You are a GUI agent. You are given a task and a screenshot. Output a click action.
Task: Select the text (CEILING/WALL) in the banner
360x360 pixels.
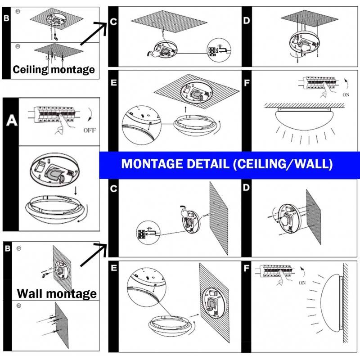282,164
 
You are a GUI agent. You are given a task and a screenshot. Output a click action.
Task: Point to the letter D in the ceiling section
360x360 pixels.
246,21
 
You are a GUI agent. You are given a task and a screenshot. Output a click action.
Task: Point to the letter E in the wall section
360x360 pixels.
114,268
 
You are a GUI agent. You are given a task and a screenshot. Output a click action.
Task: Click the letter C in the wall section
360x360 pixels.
114,188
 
